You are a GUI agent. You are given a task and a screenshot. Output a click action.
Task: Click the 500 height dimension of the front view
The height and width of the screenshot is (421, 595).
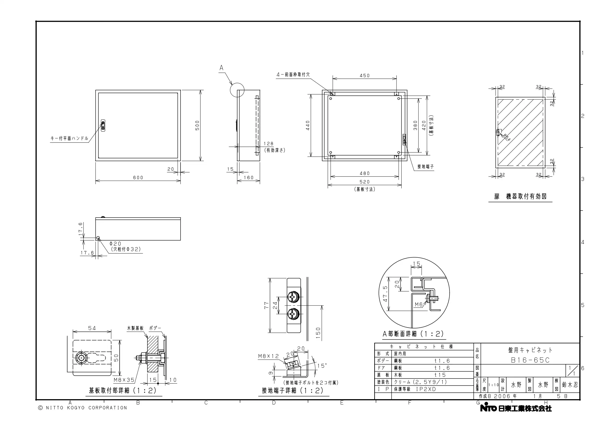(198, 125)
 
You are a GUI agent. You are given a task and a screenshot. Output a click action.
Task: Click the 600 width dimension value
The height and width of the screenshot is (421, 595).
(138, 178)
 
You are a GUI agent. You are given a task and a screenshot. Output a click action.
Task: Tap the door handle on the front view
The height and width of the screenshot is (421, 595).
(103, 125)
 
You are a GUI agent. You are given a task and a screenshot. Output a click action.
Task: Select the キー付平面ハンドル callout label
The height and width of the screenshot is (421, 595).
(70, 138)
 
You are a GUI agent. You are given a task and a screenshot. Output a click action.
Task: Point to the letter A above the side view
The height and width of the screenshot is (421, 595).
(221, 68)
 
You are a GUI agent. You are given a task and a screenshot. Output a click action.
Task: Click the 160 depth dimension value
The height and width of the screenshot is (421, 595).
(249, 178)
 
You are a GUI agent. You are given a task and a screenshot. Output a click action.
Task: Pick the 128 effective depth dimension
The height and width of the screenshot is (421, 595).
(268, 143)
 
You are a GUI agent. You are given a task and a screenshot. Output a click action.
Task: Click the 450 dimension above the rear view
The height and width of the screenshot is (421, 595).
(365, 76)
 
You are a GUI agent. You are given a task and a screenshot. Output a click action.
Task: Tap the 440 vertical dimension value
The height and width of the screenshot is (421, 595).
(308, 125)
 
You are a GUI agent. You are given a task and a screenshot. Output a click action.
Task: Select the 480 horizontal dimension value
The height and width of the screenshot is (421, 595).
(365, 173)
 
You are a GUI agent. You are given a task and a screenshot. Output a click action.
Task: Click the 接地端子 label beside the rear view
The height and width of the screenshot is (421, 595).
(426, 167)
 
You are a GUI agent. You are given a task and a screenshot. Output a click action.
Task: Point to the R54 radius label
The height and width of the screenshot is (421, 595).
(507, 138)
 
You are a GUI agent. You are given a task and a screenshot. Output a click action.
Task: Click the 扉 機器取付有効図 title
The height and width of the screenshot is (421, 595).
(520, 197)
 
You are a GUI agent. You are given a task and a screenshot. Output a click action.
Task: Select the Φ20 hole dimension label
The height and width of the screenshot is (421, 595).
(115, 244)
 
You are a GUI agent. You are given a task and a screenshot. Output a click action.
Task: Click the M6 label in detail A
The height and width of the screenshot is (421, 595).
(419, 304)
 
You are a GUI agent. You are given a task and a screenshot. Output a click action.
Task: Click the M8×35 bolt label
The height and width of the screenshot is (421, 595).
(124, 380)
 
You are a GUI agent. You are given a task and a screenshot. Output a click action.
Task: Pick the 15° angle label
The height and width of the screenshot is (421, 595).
(322, 366)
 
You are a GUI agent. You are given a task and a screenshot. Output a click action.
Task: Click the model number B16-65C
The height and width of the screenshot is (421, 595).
(530, 360)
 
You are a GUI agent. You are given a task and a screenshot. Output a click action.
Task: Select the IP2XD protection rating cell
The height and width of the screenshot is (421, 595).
(426, 389)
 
